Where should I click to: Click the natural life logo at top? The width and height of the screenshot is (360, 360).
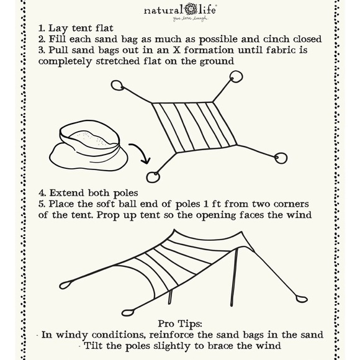(x=179, y=11)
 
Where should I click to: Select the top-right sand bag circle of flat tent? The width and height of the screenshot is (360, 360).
(x=236, y=76)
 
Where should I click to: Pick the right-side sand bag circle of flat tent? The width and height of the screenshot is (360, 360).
(x=281, y=158)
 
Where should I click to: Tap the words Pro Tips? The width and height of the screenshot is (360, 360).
(x=181, y=323)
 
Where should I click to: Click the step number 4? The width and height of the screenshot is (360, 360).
(x=41, y=192)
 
